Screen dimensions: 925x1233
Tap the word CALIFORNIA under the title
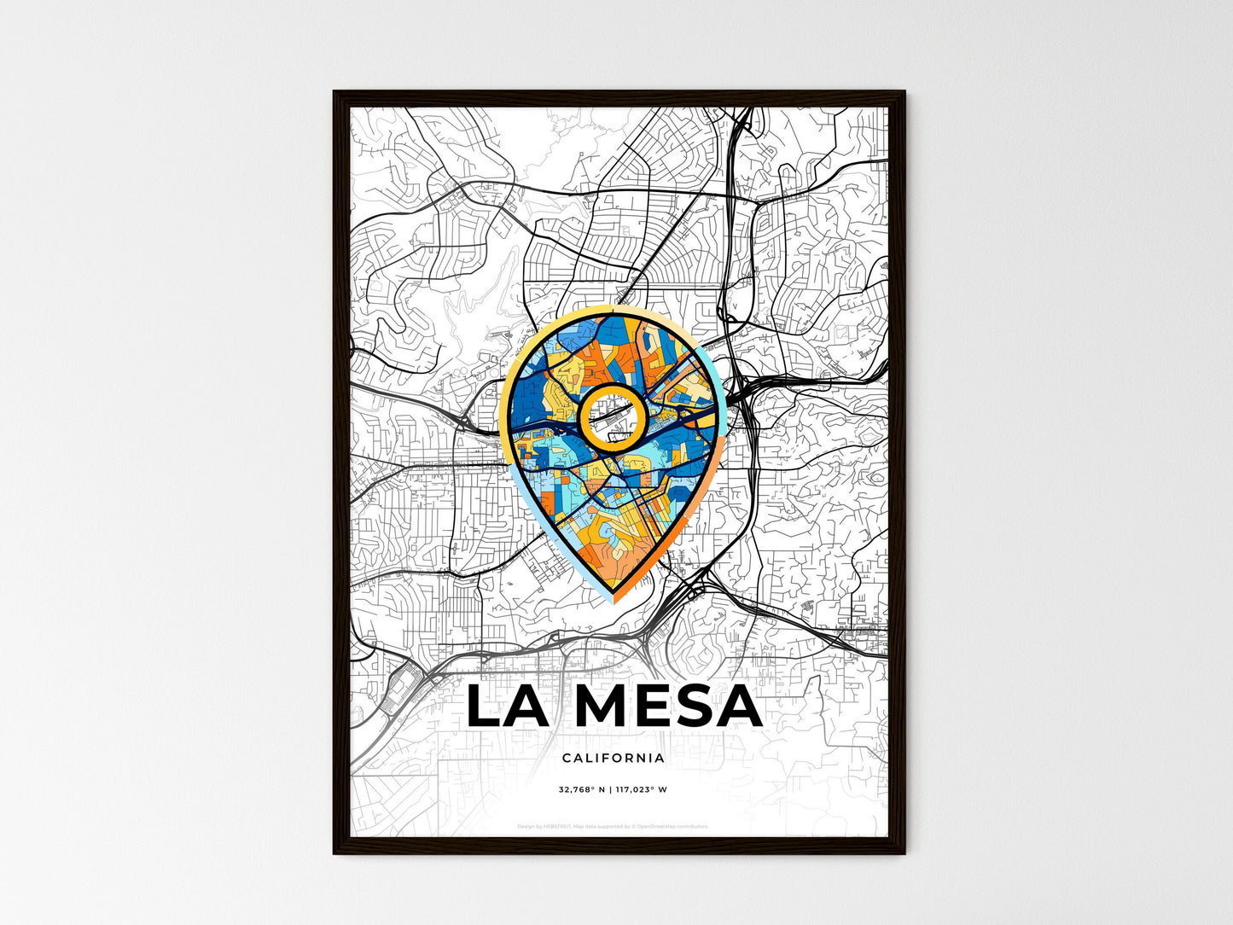[614, 758]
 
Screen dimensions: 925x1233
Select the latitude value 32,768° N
[582, 790]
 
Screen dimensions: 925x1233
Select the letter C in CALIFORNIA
[567, 758]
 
